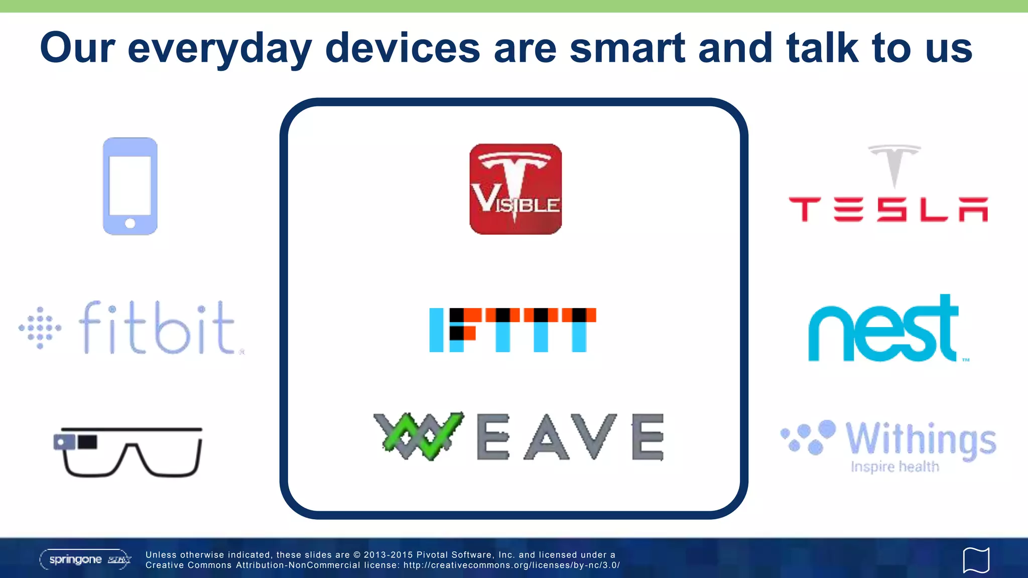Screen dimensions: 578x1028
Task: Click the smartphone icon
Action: coord(130,186)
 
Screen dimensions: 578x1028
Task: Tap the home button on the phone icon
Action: coord(130,223)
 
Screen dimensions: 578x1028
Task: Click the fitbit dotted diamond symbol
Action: coord(40,328)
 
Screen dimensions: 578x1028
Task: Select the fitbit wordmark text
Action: coord(157,328)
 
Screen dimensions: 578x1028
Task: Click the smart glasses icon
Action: coord(129,452)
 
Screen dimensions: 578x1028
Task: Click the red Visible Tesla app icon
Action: coord(516,189)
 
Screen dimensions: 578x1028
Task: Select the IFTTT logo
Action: coord(512,330)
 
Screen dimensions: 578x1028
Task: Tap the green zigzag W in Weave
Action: coord(420,436)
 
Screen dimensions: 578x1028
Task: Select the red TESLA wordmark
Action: coord(888,209)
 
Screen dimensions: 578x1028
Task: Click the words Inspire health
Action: coord(894,467)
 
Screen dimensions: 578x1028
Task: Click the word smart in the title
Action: coord(627,48)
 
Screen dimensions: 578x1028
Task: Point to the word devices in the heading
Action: coord(403,48)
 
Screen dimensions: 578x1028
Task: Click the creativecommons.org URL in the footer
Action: coord(511,565)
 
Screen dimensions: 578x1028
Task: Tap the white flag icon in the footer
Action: coord(976,559)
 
